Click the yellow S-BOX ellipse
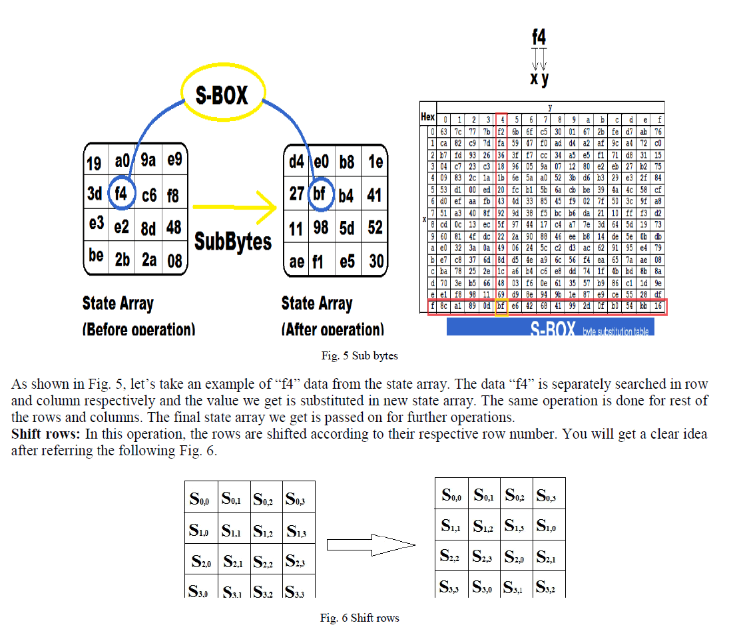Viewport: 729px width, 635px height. [222, 95]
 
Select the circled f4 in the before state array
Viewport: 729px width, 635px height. [122, 194]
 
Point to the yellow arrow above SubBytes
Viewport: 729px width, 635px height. [234, 208]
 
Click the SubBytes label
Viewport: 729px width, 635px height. [233, 241]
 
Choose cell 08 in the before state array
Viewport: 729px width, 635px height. [174, 260]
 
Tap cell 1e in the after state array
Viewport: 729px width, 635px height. [375, 162]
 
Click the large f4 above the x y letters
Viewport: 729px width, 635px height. [539, 37]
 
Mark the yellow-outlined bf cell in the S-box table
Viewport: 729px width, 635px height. [501, 307]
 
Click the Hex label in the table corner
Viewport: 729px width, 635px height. [427, 116]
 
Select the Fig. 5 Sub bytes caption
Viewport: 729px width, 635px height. [360, 355]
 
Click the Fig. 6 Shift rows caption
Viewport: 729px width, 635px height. [360, 618]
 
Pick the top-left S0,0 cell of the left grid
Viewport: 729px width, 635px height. [200, 497]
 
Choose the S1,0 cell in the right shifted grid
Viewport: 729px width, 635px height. [548, 525]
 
